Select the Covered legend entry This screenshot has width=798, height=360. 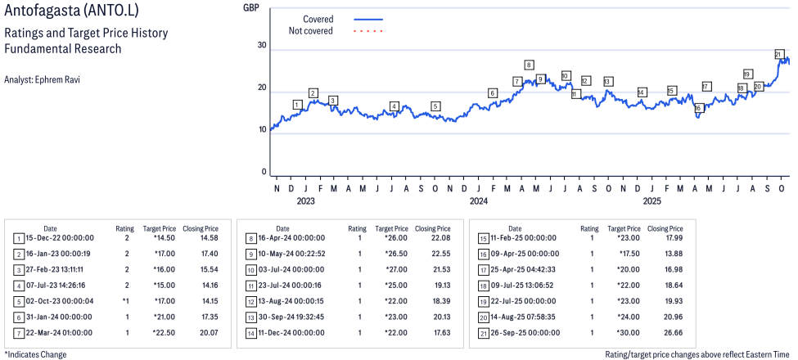click(x=318, y=19)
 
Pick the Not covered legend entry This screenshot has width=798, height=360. click(x=310, y=31)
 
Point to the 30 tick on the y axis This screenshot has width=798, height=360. click(x=262, y=45)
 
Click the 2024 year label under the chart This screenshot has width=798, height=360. click(x=479, y=200)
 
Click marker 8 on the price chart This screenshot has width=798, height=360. click(x=530, y=65)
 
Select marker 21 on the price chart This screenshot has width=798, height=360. click(x=778, y=54)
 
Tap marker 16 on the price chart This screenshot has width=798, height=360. click(x=698, y=108)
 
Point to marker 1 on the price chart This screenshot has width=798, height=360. click(x=297, y=105)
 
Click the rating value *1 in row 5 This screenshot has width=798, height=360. click(x=125, y=301)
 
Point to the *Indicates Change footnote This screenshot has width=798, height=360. click(x=35, y=354)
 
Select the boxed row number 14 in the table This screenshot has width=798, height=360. click(x=250, y=333)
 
